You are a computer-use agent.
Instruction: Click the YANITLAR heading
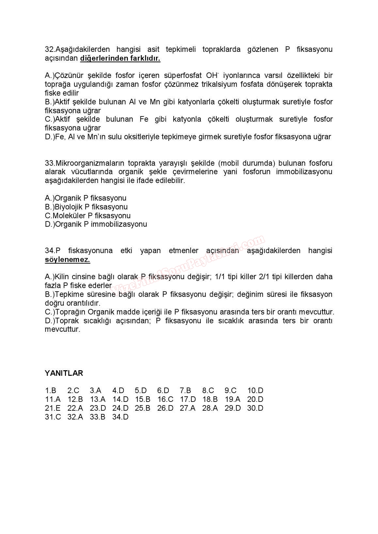pos(64,373)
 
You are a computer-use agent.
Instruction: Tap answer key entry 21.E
pos(53,408)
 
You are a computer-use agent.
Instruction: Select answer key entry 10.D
pos(255,390)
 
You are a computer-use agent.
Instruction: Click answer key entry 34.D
pos(120,417)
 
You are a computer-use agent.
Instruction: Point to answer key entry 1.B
pos(51,390)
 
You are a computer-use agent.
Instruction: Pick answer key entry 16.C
pos(165,399)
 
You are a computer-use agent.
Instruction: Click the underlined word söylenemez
pos(67,260)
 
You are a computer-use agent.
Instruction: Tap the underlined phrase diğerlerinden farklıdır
pos(120,58)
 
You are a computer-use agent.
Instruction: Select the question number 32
pos(49,49)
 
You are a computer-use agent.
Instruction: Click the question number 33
pos(49,163)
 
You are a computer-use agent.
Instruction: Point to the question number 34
pos(49,251)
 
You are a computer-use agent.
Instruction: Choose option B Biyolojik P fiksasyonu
pos(86,207)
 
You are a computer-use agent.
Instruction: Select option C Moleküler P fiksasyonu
pos(87,216)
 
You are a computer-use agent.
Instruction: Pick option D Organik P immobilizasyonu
pos(96,224)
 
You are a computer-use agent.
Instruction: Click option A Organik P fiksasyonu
pos(86,198)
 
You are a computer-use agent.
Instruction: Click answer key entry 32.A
pos(75,417)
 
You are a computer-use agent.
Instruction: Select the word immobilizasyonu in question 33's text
pos(304,172)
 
